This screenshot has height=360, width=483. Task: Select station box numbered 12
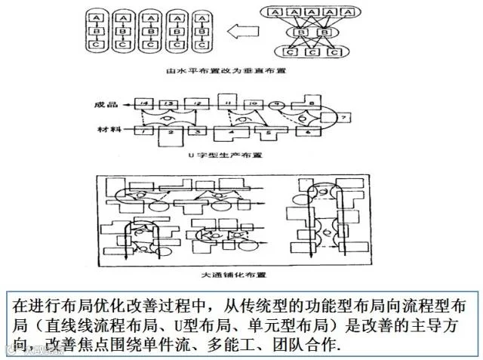point(196,103)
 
